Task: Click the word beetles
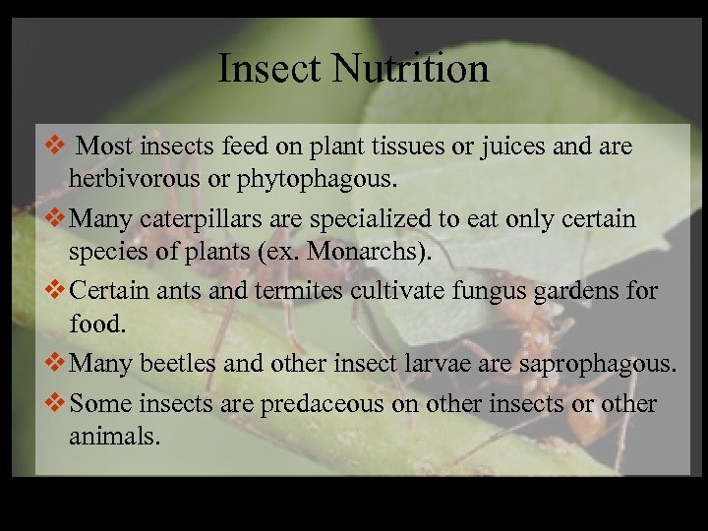[x=182, y=363]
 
